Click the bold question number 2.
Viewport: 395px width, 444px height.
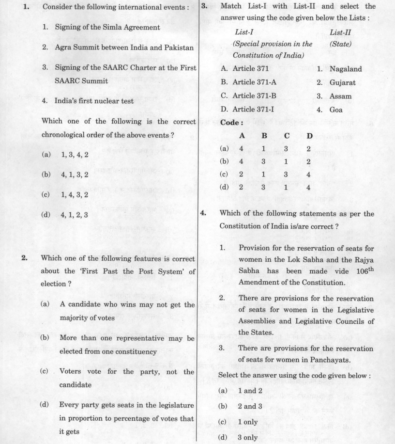25,258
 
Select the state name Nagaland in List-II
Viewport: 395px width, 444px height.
345,69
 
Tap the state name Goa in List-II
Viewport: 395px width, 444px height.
336,110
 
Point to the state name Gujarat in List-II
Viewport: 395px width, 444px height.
342,82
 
